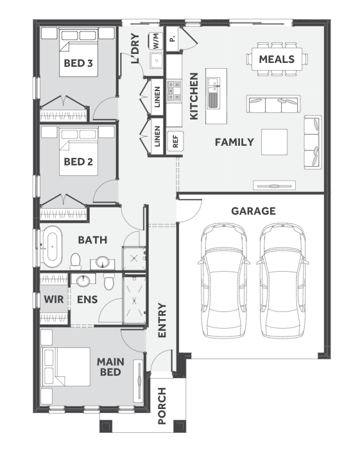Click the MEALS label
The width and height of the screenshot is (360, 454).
tap(277, 59)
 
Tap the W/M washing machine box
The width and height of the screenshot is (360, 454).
tap(156, 41)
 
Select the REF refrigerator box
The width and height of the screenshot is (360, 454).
tap(175, 141)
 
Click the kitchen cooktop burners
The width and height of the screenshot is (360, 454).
tap(174, 91)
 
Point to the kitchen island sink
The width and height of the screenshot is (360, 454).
tap(213, 92)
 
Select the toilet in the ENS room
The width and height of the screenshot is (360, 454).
tap(109, 281)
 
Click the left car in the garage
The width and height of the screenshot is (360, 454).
tap(224, 280)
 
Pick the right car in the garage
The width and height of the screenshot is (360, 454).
tap(282, 280)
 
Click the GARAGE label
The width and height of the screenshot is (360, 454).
tap(253, 211)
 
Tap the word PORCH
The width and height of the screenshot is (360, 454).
tap(162, 406)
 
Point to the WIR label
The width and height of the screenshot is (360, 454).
tap(53, 299)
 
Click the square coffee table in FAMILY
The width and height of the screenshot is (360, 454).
tap(275, 142)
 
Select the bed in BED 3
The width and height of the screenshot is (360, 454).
tap(78, 53)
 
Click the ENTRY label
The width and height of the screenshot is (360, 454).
tap(162, 320)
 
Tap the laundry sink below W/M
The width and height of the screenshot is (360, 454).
tap(157, 60)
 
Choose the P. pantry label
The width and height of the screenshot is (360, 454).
tap(173, 39)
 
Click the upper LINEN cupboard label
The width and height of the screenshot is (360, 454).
tap(157, 97)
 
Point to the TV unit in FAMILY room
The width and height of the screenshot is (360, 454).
tap(275, 186)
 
